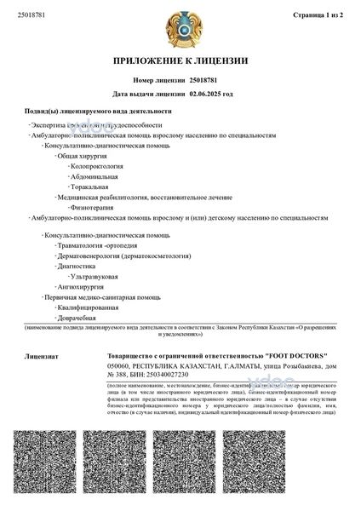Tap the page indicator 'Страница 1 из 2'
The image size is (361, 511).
point(320,15)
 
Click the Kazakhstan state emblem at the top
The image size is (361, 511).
point(180,26)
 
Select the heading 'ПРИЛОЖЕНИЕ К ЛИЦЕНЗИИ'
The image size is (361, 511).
point(180,61)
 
